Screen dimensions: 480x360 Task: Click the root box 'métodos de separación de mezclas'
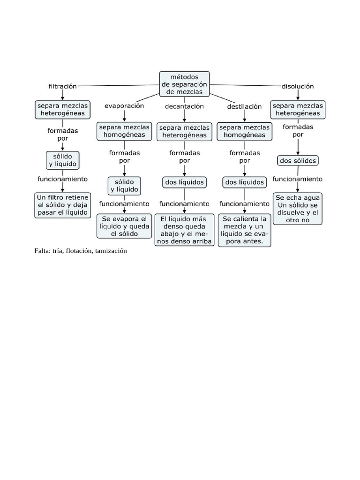pyautogui.click(x=185, y=84)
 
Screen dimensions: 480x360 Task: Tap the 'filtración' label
pyautogui.click(x=62, y=86)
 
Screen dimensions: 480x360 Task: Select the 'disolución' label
pyautogui.click(x=298, y=86)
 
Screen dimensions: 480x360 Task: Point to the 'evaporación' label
pyautogui.click(x=124, y=106)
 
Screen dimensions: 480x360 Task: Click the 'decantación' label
pyautogui.click(x=185, y=106)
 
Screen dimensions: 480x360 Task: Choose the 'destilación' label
pyautogui.click(x=244, y=106)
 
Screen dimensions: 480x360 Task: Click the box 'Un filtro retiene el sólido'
pyautogui.click(x=63, y=205)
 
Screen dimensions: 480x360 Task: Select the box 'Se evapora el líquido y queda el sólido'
pyautogui.click(x=124, y=226)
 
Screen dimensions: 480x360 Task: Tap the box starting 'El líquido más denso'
pyautogui.click(x=185, y=230)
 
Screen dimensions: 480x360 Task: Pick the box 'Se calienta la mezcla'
pyautogui.click(x=245, y=230)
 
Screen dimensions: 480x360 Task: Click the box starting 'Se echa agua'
pyautogui.click(x=298, y=209)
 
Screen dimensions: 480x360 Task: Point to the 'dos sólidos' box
pyautogui.click(x=298, y=160)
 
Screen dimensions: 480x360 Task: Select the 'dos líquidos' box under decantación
pyautogui.click(x=185, y=181)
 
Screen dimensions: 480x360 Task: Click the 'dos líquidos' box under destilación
pyautogui.click(x=245, y=181)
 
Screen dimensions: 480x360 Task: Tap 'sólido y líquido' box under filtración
pyautogui.click(x=63, y=160)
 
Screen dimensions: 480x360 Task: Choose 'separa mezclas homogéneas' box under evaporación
pyautogui.click(x=124, y=131)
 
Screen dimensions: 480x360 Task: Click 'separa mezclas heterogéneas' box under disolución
pyautogui.click(x=298, y=110)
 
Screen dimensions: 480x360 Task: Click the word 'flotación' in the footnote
pyautogui.click(x=79, y=251)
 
